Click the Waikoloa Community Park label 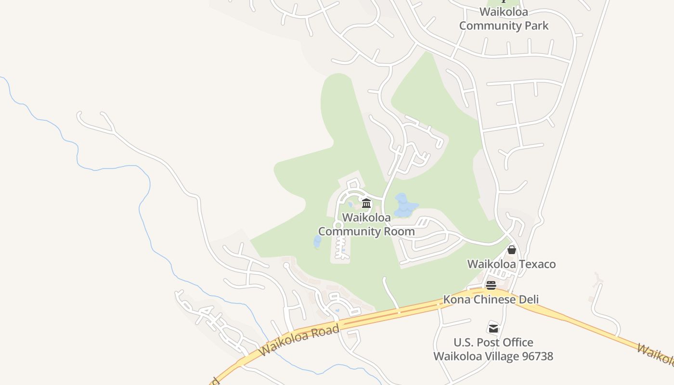(504, 19)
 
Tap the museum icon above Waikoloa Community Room (366, 204)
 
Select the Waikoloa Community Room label (366, 224)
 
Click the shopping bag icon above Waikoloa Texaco (512, 250)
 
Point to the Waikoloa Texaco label (511, 264)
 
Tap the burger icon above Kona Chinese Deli (491, 285)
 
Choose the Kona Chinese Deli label (491, 299)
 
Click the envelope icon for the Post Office (493, 328)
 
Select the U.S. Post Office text (493, 343)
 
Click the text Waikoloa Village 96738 (493, 357)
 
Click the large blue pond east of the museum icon (403, 206)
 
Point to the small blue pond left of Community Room (317, 242)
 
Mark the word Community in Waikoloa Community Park (489, 26)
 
